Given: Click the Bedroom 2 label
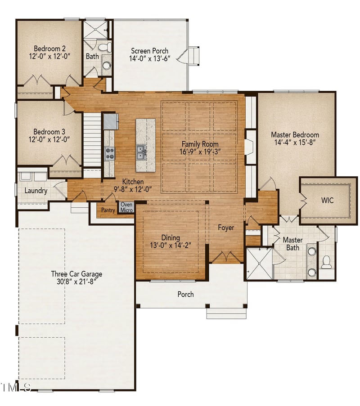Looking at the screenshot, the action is tap(50, 49).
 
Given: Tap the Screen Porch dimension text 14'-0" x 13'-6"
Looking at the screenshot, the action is tap(149, 58).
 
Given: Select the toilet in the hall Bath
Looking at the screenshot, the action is tap(105, 47).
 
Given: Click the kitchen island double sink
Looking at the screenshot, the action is tap(141, 152).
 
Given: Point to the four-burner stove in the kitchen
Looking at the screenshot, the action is tap(110, 153).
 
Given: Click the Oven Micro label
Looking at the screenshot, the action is tap(126, 207).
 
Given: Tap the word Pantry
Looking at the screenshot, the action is tap(108, 210).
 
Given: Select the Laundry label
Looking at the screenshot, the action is tap(36, 191).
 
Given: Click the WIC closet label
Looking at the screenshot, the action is tap(327, 200).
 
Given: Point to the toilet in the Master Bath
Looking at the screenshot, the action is tap(327, 262).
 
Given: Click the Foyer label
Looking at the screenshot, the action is tap(226, 228).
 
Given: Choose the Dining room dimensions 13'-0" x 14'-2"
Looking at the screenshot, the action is tap(171, 245).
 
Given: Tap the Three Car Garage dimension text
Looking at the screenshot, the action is tap(76, 281).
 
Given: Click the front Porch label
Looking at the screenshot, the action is tap(185, 294).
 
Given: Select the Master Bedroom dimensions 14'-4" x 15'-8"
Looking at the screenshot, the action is tap(295, 142).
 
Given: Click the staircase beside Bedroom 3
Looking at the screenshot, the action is tap(92, 140).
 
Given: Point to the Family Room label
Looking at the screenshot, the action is tap(200, 144).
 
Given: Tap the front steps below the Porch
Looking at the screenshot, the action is tap(226, 313).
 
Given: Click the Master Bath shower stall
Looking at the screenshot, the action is tap(259, 263).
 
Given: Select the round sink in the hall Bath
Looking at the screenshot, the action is tap(107, 65).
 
